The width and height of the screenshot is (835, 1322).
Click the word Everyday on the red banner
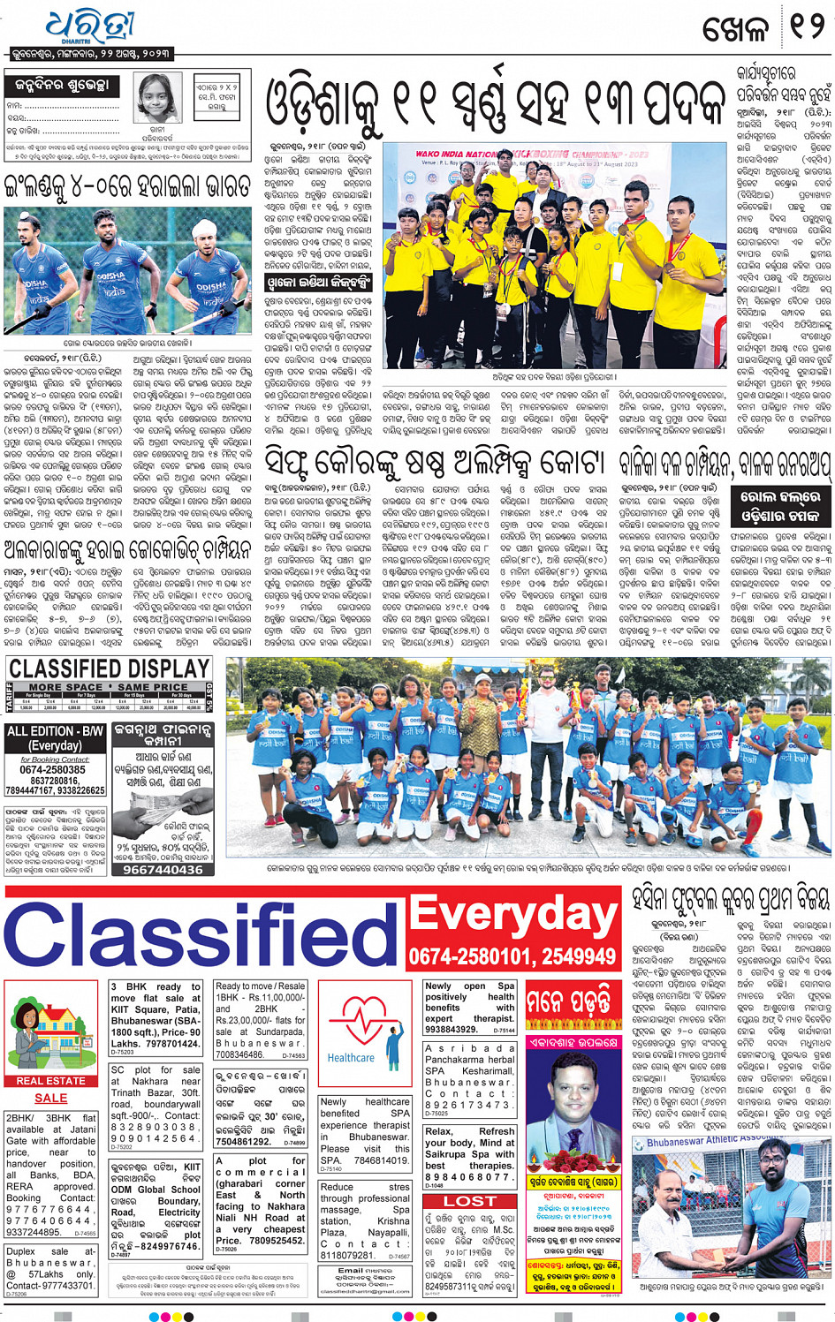(x=513, y=916)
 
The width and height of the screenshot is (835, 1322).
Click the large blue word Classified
(x=201, y=934)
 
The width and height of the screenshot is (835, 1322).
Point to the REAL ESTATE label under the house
(x=50, y=1080)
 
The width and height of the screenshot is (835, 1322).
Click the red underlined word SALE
(x=50, y=1098)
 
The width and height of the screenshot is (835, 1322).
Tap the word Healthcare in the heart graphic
(x=351, y=1057)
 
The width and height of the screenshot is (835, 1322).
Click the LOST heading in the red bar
(x=469, y=1201)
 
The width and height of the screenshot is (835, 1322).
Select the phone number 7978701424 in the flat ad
(x=168, y=1044)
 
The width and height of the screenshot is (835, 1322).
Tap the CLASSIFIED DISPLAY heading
(x=109, y=668)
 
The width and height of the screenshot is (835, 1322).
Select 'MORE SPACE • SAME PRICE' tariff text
(x=108, y=687)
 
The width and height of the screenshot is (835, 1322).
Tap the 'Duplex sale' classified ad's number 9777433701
(x=57, y=1285)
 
